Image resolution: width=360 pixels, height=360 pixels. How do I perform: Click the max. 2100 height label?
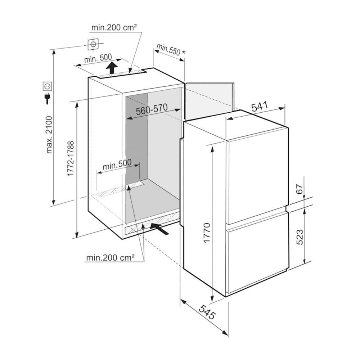pyautogui.click(x=49, y=135)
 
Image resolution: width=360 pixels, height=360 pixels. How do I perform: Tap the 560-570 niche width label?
pyautogui.click(x=152, y=109)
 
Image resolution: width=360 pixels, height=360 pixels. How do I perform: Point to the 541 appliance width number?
pyautogui.click(x=260, y=107)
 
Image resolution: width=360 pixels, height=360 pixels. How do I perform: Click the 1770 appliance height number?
pyautogui.click(x=207, y=233)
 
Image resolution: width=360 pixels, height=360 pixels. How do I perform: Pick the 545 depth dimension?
pyautogui.click(x=207, y=312)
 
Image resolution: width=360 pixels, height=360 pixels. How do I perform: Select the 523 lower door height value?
pyautogui.click(x=300, y=237)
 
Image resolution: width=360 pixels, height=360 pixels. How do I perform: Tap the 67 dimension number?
pyautogui.click(x=300, y=189)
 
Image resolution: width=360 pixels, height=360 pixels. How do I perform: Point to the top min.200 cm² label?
pyautogui.click(x=114, y=28)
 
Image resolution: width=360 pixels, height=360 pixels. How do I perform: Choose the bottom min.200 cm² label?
pyautogui.click(x=110, y=258)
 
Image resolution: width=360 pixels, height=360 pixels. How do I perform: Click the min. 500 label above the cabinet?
pyautogui.click(x=98, y=58)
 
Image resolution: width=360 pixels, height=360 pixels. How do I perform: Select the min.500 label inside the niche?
pyautogui.click(x=117, y=165)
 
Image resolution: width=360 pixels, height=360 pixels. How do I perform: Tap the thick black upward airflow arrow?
pyautogui.click(x=112, y=68)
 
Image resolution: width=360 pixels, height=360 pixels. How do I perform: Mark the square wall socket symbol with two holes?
pyautogui.click(x=47, y=86)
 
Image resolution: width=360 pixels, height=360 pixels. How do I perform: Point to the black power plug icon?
pyautogui.click(x=47, y=98)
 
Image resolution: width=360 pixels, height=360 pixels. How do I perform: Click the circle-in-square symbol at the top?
pyautogui.click(x=93, y=44)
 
